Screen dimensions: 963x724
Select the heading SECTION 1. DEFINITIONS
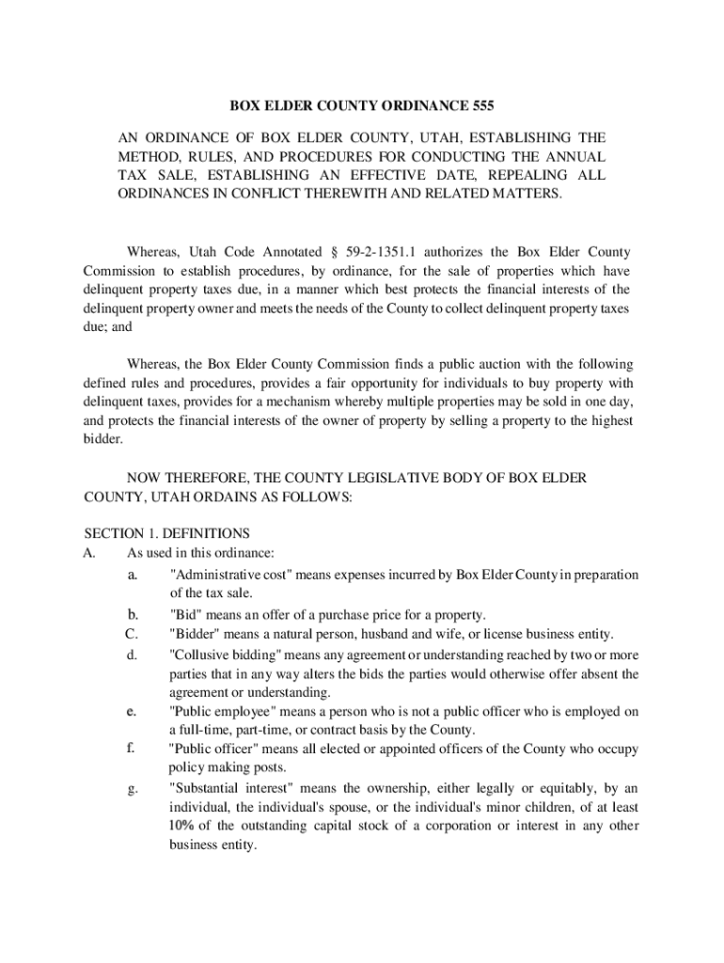(x=166, y=533)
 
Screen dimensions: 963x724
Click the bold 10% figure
(x=183, y=826)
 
